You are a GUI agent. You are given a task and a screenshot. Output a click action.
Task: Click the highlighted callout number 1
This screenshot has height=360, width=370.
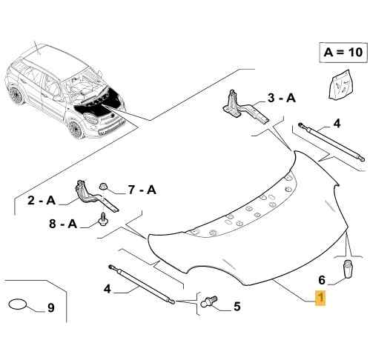coord(320,298)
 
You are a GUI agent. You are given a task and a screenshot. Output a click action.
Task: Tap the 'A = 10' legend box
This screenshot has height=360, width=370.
coord(343,53)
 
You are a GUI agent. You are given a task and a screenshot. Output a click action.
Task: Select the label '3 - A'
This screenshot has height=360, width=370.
coord(282,98)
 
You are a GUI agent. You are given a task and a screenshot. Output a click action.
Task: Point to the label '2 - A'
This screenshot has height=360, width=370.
coord(42,200)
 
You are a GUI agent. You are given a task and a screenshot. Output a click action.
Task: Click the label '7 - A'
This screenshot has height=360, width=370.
coord(142,190)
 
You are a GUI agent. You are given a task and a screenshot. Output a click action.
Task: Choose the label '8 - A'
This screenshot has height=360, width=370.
coord(63,224)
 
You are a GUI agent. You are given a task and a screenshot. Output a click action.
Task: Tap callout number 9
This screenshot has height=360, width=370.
coord(50,307)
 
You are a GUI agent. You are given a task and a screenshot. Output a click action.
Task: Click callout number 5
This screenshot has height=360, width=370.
coord(237,307)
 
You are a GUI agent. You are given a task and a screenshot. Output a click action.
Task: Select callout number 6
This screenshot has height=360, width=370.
coord(322,280)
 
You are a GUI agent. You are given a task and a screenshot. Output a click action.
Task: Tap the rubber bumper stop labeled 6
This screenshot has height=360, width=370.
coord(347,269)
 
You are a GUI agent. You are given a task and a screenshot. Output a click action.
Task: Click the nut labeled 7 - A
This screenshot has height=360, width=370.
coord(103,187)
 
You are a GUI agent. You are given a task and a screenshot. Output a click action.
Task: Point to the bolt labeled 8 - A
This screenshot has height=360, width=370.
coord(102,219)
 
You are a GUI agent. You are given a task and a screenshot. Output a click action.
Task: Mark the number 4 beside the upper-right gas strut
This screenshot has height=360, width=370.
coord(337,123)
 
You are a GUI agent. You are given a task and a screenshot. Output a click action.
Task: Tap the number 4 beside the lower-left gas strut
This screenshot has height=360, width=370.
coord(107,288)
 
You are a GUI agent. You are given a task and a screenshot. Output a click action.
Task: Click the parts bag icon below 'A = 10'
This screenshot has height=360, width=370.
coord(342,84)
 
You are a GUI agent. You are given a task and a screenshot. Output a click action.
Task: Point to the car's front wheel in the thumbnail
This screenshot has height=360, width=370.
coord(76,129)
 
